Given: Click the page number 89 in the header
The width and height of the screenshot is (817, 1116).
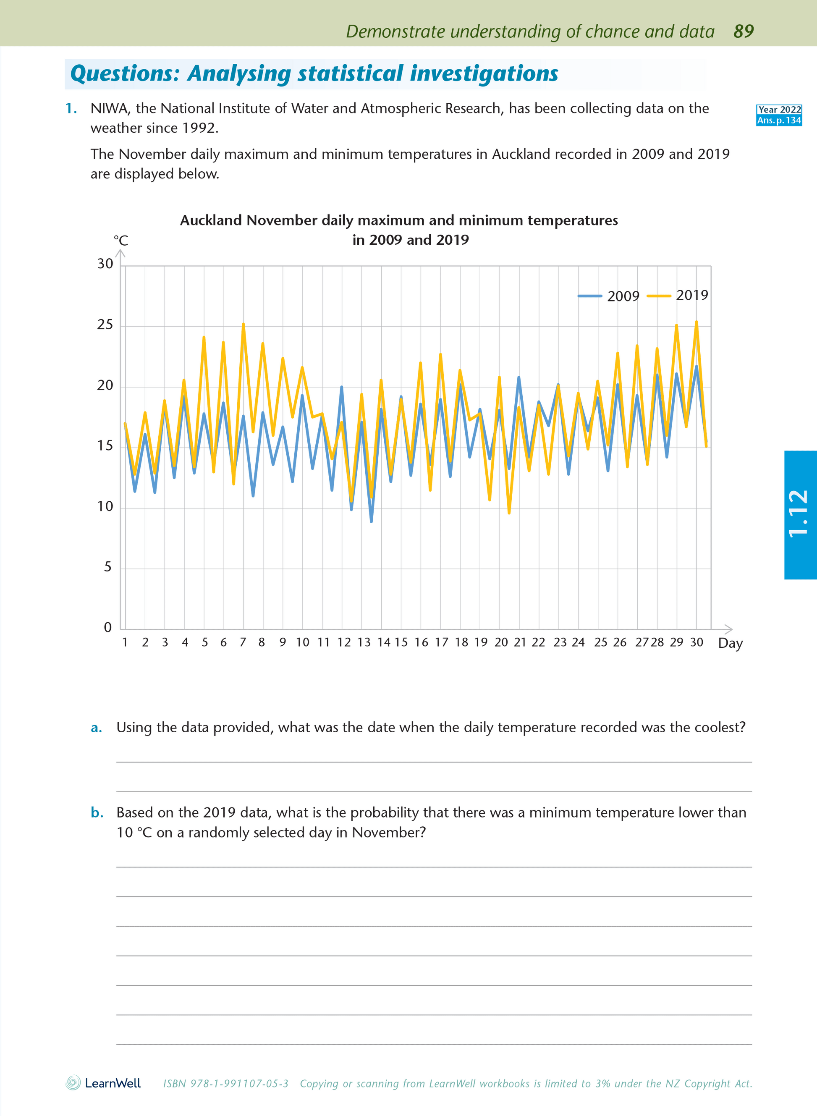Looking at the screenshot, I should pos(743,31).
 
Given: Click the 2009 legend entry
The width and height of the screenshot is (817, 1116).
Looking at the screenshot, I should pos(609,296).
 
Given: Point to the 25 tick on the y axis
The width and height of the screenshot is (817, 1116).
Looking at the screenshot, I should pos(105,325).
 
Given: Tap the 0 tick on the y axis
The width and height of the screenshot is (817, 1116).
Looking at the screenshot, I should pos(108,627).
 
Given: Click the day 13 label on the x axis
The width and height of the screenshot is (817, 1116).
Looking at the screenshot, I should pos(364,642).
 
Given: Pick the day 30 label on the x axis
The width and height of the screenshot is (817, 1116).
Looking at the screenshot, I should pos(697,642).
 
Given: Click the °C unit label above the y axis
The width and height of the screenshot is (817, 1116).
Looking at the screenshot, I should pos(120,241).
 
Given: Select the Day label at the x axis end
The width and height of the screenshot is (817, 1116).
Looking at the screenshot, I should pos(730,643).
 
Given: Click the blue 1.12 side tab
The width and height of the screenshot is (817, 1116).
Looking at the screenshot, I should pos(800,514).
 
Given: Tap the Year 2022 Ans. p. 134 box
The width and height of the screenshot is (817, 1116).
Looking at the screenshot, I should pos(779,115).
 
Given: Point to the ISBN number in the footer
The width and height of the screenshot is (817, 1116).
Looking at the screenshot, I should pos(225,1084).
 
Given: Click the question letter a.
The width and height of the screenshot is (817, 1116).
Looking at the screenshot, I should pos(97,728).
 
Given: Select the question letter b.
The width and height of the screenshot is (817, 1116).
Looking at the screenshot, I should pos(97,813).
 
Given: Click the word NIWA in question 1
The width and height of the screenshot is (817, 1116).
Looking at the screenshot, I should pos(110,109).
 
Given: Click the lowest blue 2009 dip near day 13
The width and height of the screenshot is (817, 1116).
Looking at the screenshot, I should pos(372,521).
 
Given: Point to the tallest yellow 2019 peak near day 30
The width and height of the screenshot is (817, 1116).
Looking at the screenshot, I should pos(697,322).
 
